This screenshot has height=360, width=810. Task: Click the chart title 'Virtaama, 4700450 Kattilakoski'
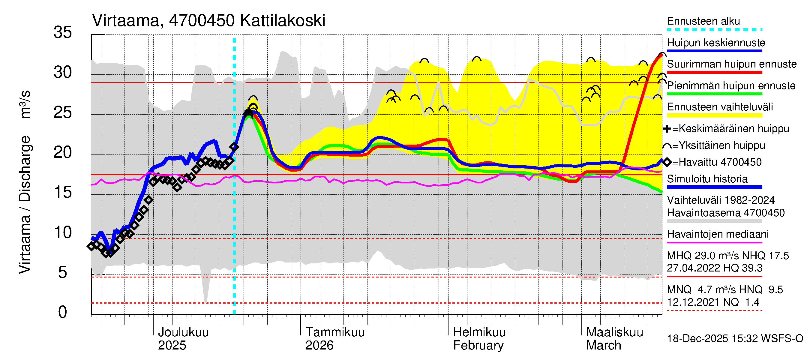[208, 21]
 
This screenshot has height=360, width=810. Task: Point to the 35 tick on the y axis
[63, 32]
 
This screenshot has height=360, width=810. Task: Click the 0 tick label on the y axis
[63, 312]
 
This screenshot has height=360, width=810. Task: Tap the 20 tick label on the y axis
[63, 152]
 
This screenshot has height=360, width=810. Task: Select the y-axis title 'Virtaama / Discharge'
[25, 204]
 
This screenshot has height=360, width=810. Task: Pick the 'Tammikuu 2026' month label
[334, 339]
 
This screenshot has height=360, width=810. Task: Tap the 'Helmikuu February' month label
[479, 339]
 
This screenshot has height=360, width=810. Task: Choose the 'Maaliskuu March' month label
[614, 339]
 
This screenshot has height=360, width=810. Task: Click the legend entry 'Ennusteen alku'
[703, 21]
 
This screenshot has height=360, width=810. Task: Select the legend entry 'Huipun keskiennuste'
[716, 43]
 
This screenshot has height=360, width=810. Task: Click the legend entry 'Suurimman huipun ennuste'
[732, 64]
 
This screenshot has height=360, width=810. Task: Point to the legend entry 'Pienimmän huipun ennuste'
[731, 85]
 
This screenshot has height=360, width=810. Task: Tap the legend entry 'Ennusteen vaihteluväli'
[720, 107]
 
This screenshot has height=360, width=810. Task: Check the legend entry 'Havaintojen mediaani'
[718, 234]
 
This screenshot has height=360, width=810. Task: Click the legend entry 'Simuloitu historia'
[707, 179]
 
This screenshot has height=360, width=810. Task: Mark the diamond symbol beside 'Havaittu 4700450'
[667, 162]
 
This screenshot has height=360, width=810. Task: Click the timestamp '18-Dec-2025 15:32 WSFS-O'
[735, 339]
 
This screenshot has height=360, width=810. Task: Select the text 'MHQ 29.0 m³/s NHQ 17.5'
[727, 256]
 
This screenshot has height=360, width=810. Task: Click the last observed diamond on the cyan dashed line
[234, 146]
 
